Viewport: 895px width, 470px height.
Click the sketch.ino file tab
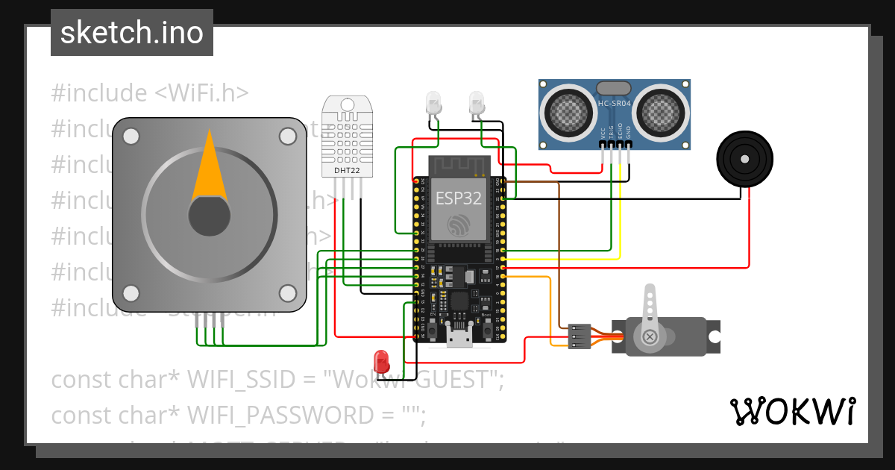coord(131,34)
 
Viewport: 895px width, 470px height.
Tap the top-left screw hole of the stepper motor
coord(131,137)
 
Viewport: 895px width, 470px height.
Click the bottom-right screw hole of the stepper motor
coord(288,292)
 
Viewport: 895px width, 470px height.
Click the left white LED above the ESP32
coord(433,103)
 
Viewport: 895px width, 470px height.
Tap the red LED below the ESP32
coord(383,360)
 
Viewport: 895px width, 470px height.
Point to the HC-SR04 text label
coord(615,103)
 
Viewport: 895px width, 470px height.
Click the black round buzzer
coord(744,157)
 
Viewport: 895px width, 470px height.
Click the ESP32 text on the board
coord(458,198)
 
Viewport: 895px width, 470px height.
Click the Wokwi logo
coord(792,411)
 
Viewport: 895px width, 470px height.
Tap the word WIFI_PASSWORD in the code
coord(292,415)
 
